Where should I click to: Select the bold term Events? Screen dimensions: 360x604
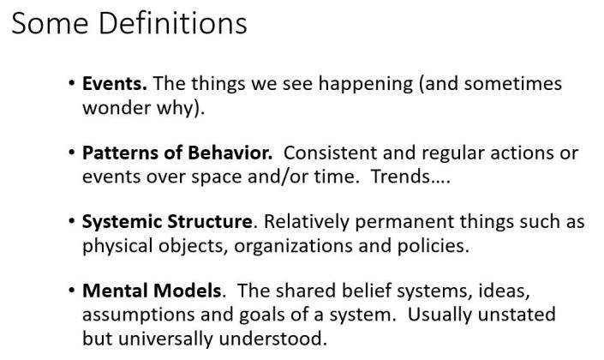pyautogui.click(x=115, y=85)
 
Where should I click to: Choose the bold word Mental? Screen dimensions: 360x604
pyautogui.click(x=113, y=291)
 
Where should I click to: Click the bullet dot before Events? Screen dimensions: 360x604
pyautogui.click(x=70, y=85)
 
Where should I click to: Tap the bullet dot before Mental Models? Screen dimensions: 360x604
pyautogui.click(x=70, y=291)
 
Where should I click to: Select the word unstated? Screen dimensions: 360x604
pyautogui.click(x=517, y=315)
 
